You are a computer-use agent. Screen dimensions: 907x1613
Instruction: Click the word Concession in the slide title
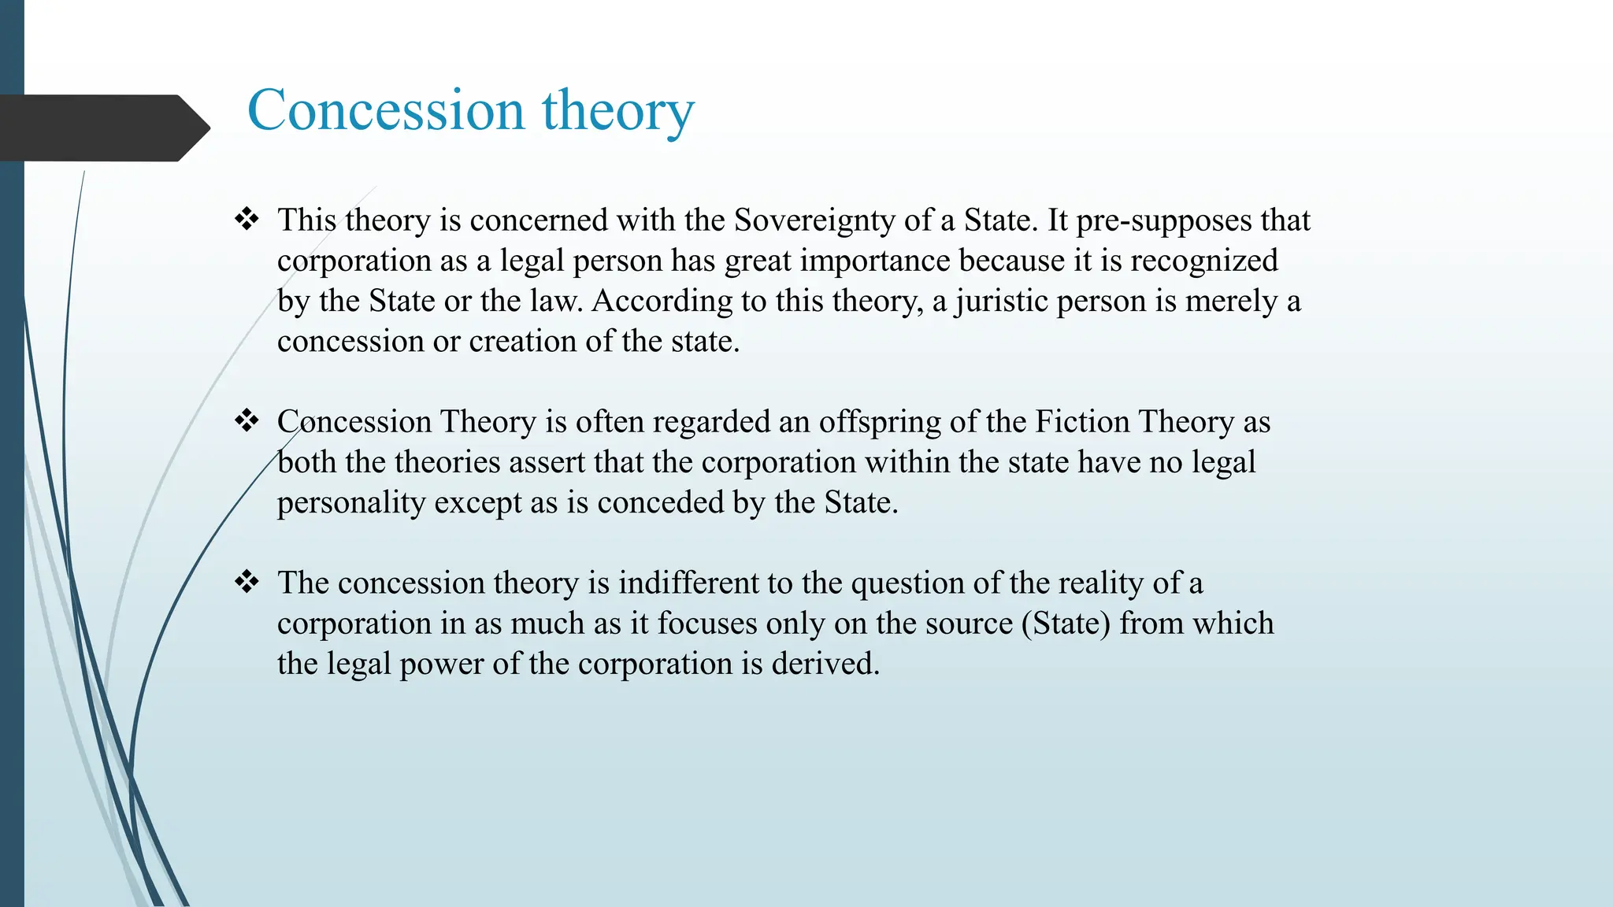386,110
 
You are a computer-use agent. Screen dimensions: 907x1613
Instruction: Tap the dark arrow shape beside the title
102,128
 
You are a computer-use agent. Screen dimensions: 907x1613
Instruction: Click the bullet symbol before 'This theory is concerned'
247,219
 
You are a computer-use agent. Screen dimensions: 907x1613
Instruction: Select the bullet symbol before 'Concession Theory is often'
247,420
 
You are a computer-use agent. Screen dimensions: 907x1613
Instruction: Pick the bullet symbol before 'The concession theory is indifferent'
247,582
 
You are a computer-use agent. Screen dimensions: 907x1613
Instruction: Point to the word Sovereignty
814,221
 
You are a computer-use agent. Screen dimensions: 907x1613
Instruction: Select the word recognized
1204,261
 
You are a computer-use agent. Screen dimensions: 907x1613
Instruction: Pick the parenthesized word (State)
1066,624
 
